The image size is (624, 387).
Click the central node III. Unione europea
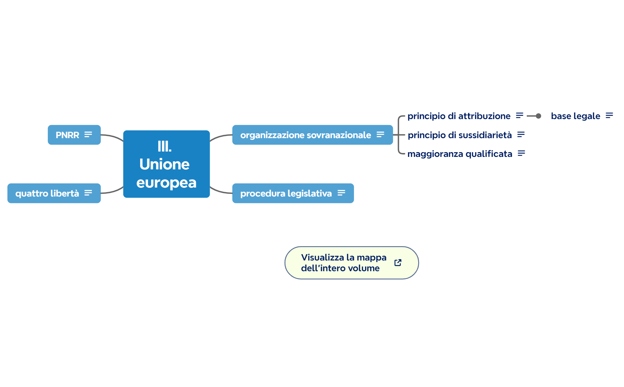(166, 164)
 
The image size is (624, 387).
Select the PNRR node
(68, 135)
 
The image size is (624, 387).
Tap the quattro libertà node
(47, 193)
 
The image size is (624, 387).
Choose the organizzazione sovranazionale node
(305, 135)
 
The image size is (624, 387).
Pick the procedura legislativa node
(286, 193)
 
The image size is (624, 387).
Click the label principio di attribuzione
(459, 116)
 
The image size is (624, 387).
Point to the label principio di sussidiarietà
(460, 135)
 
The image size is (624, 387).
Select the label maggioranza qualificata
(460, 154)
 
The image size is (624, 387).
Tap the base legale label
(575, 116)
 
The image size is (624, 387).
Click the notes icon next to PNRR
(88, 135)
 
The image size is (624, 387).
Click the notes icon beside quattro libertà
(88, 193)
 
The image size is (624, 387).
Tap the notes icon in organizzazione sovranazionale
(380, 135)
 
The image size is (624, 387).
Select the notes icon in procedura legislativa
(341, 193)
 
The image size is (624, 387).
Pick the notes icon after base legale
(609, 116)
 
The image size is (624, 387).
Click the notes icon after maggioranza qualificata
(521, 153)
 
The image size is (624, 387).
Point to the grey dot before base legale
(538, 116)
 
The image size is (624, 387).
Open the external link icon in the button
(398, 263)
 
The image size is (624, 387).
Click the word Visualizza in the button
(322, 258)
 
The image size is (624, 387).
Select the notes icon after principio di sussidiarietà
(521, 135)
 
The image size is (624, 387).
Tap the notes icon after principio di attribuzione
(520, 116)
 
